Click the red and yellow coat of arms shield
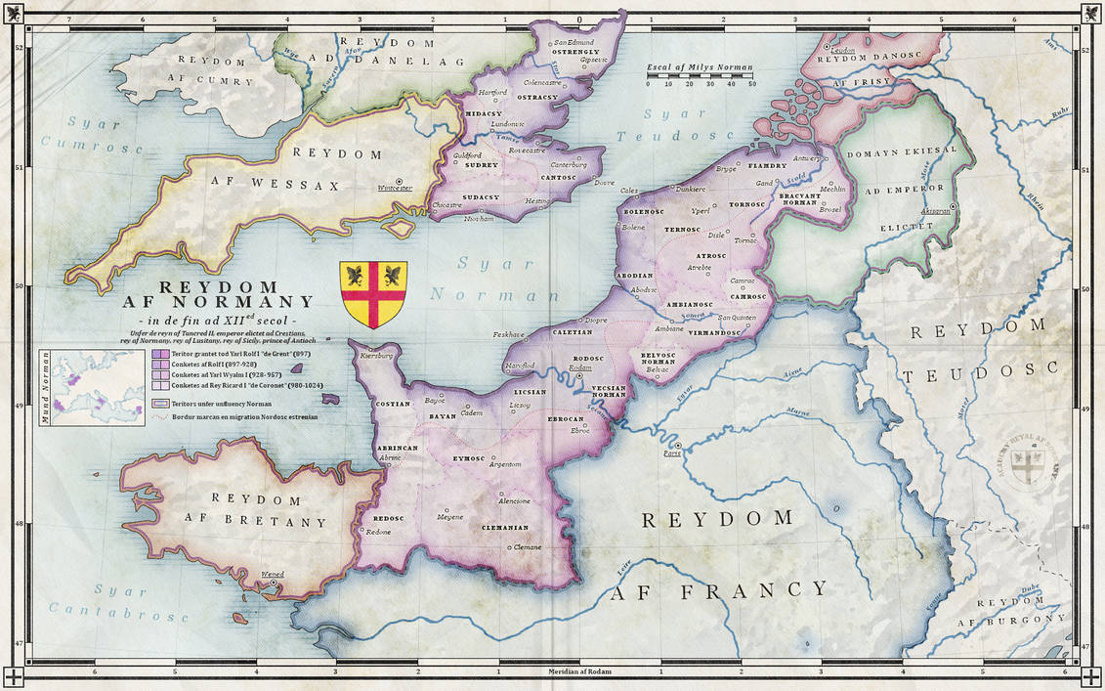373,294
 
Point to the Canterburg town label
569,165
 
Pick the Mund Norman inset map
98,387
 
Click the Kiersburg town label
379,356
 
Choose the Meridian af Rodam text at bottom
577,672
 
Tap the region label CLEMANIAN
505,528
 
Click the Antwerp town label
807,157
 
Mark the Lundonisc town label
508,125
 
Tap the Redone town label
378,532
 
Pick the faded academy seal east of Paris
1026,465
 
